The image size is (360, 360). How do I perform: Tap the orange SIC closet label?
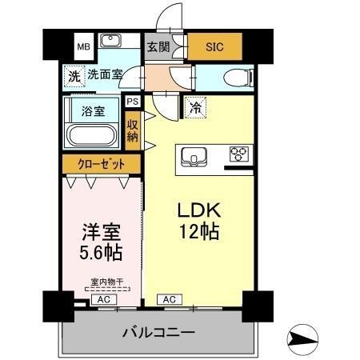(214, 46)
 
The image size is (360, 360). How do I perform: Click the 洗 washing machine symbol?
(74, 78)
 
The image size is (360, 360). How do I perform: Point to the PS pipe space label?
(132, 102)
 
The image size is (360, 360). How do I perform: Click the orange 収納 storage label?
(133, 129)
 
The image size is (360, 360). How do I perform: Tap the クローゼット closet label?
(101, 164)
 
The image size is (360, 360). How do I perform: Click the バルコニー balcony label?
(158, 331)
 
